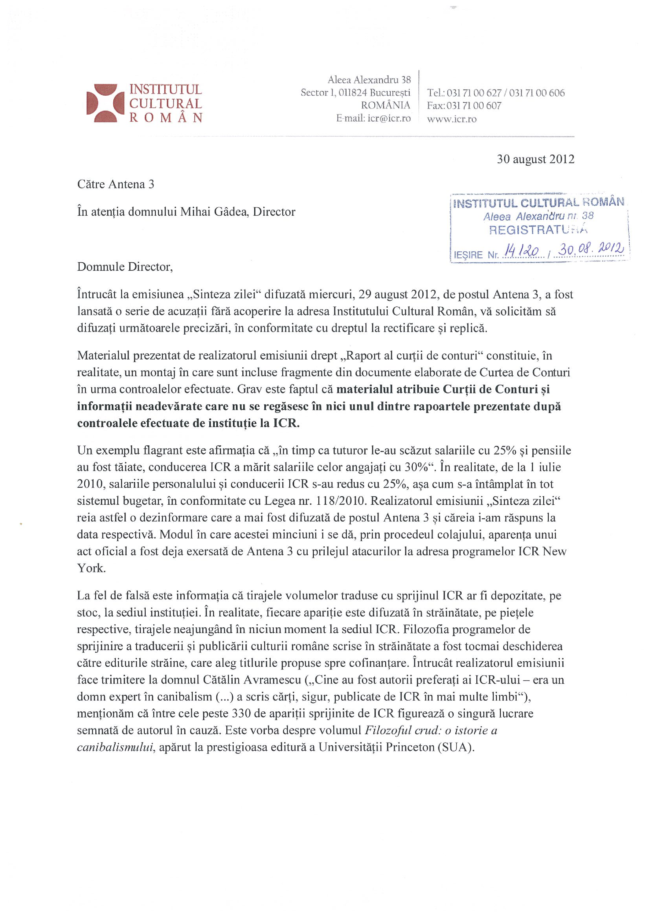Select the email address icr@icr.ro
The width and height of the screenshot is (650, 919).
point(389,119)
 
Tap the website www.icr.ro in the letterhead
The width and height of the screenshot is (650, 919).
point(451,119)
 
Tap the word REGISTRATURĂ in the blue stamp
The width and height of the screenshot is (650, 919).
point(537,230)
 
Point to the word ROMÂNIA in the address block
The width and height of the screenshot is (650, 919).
point(385,106)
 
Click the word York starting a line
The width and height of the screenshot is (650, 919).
point(91,568)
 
